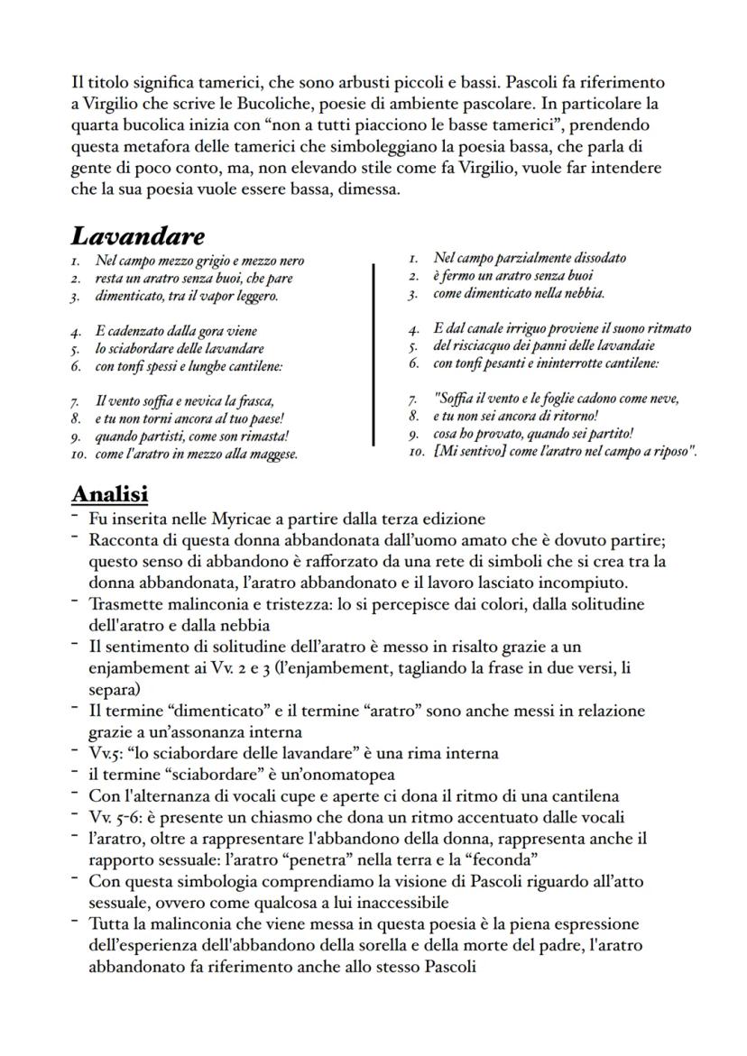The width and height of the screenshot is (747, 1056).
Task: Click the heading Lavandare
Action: (137, 236)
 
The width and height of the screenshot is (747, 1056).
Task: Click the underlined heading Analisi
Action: (109, 494)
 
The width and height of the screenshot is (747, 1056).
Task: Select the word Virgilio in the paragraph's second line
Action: (111, 103)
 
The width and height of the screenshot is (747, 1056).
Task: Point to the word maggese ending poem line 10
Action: (273, 455)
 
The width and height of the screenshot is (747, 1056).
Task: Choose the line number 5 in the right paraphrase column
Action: (411, 345)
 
